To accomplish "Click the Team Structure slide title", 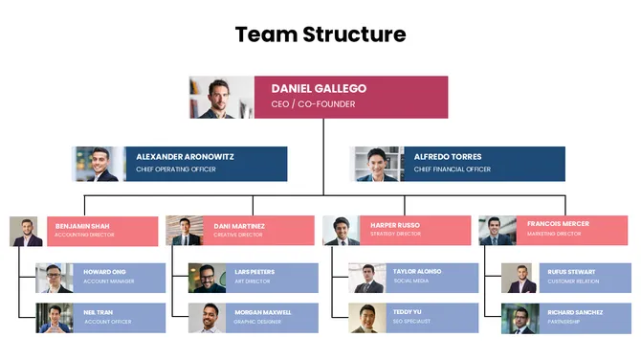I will [x=320, y=35].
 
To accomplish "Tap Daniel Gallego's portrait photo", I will [x=222, y=97].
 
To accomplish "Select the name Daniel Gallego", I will [x=319, y=88].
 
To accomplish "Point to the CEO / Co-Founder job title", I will [x=313, y=104].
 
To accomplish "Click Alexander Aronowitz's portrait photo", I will [x=99, y=164].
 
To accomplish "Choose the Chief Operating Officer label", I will [x=176, y=169].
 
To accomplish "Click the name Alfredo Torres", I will [x=448, y=156].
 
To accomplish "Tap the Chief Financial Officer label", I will [x=453, y=169].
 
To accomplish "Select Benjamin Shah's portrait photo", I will [x=26, y=231].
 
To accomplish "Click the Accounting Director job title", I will [x=85, y=234].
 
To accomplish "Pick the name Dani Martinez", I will [x=240, y=225].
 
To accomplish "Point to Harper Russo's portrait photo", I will [x=341, y=231].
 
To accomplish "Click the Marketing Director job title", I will [x=554, y=234].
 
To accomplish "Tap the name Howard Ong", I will [x=104, y=272].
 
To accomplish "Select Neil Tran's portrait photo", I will [x=55, y=318].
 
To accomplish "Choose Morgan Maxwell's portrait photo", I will [x=207, y=318].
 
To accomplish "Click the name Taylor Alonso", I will [x=418, y=272].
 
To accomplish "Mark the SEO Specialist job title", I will [x=413, y=321].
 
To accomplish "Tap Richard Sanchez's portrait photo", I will [x=519, y=318].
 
